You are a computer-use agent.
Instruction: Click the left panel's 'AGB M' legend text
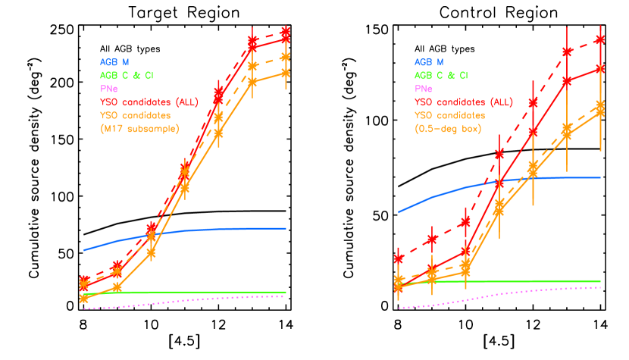coord(114,62)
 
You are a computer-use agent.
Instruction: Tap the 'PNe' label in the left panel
coord(108,89)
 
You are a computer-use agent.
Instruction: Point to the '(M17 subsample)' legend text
coord(139,129)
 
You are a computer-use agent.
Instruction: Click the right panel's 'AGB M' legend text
coord(429,62)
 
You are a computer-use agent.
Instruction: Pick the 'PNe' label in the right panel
coord(423,89)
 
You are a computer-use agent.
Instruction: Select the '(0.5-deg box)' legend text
coord(449,129)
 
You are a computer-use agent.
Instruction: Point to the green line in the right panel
coord(530,281)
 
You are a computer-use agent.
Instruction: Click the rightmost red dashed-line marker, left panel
coord(286,32)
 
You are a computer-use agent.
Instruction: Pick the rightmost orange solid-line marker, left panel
coord(286,73)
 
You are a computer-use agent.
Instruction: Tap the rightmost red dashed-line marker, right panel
coord(600,39)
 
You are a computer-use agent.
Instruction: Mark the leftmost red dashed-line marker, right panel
coord(399,259)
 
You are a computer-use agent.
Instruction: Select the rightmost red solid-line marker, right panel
coord(600,68)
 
